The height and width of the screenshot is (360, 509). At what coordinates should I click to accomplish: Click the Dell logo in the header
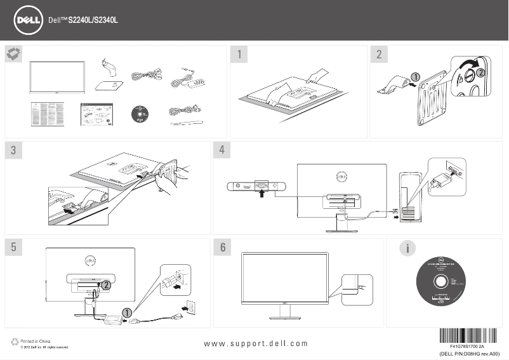click(29, 20)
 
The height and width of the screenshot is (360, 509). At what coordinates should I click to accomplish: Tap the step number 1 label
click(239, 54)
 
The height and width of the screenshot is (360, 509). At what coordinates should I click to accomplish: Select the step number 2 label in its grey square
click(379, 54)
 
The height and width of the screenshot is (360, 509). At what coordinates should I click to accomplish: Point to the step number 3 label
click(13, 150)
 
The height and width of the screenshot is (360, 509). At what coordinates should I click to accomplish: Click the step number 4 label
click(221, 150)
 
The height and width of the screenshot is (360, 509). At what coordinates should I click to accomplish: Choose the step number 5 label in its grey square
click(13, 248)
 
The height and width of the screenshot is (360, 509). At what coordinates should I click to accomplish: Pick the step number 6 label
click(221, 248)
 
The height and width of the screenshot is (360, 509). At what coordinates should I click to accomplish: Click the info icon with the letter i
click(402, 248)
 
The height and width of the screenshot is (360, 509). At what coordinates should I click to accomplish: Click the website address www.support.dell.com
click(256, 343)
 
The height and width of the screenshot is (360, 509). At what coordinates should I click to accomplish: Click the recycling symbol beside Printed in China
click(15, 342)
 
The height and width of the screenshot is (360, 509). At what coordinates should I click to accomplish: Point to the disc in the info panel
click(439, 282)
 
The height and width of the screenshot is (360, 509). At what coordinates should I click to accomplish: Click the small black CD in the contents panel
click(138, 114)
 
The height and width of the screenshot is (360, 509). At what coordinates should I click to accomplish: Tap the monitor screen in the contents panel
click(57, 78)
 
